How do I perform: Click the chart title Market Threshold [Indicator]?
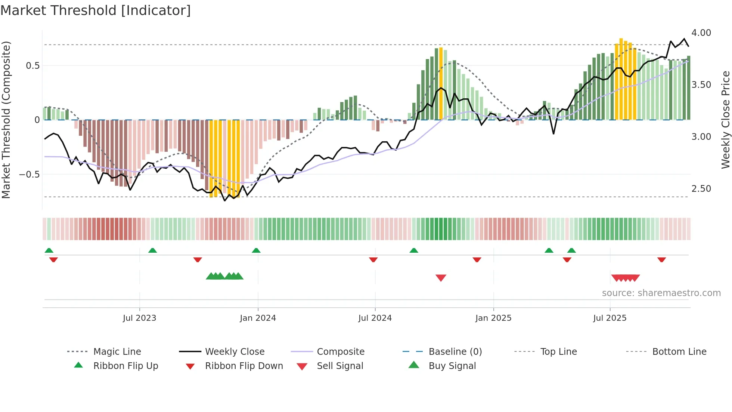click(x=96, y=10)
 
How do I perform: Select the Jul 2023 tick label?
click(x=139, y=318)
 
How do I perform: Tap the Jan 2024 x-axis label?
click(x=258, y=318)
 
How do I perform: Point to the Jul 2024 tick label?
click(x=375, y=318)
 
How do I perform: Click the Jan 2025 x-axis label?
click(x=493, y=318)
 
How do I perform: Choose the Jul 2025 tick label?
click(x=610, y=318)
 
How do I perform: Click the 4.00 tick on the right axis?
click(x=701, y=33)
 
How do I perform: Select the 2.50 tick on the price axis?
click(x=701, y=189)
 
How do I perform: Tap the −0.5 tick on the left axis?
click(x=29, y=175)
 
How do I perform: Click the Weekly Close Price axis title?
click(x=725, y=120)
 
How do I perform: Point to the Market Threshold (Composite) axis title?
click(x=6, y=120)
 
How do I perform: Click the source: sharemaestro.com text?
click(x=661, y=293)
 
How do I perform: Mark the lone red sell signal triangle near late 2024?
click(x=441, y=278)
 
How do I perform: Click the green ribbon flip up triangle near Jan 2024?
click(x=256, y=250)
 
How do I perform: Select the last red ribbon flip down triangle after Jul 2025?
click(x=661, y=259)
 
